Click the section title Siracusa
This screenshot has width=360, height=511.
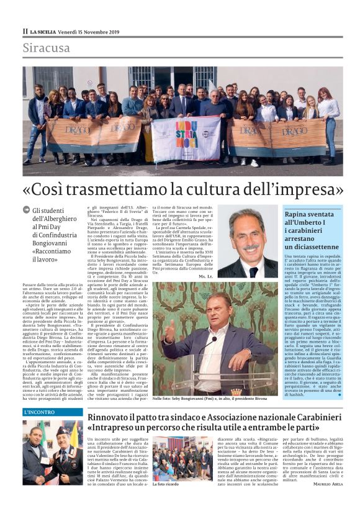(x=47, y=48)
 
